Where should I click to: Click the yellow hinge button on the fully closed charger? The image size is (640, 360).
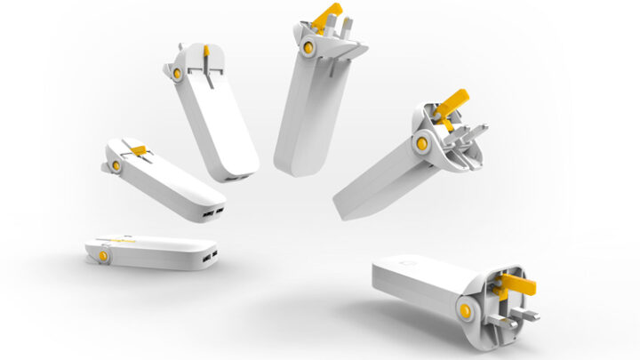tap(104, 255)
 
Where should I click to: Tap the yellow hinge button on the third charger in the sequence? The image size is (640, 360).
tap(179, 72)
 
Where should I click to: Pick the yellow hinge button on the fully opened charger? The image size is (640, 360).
tap(465, 310)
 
